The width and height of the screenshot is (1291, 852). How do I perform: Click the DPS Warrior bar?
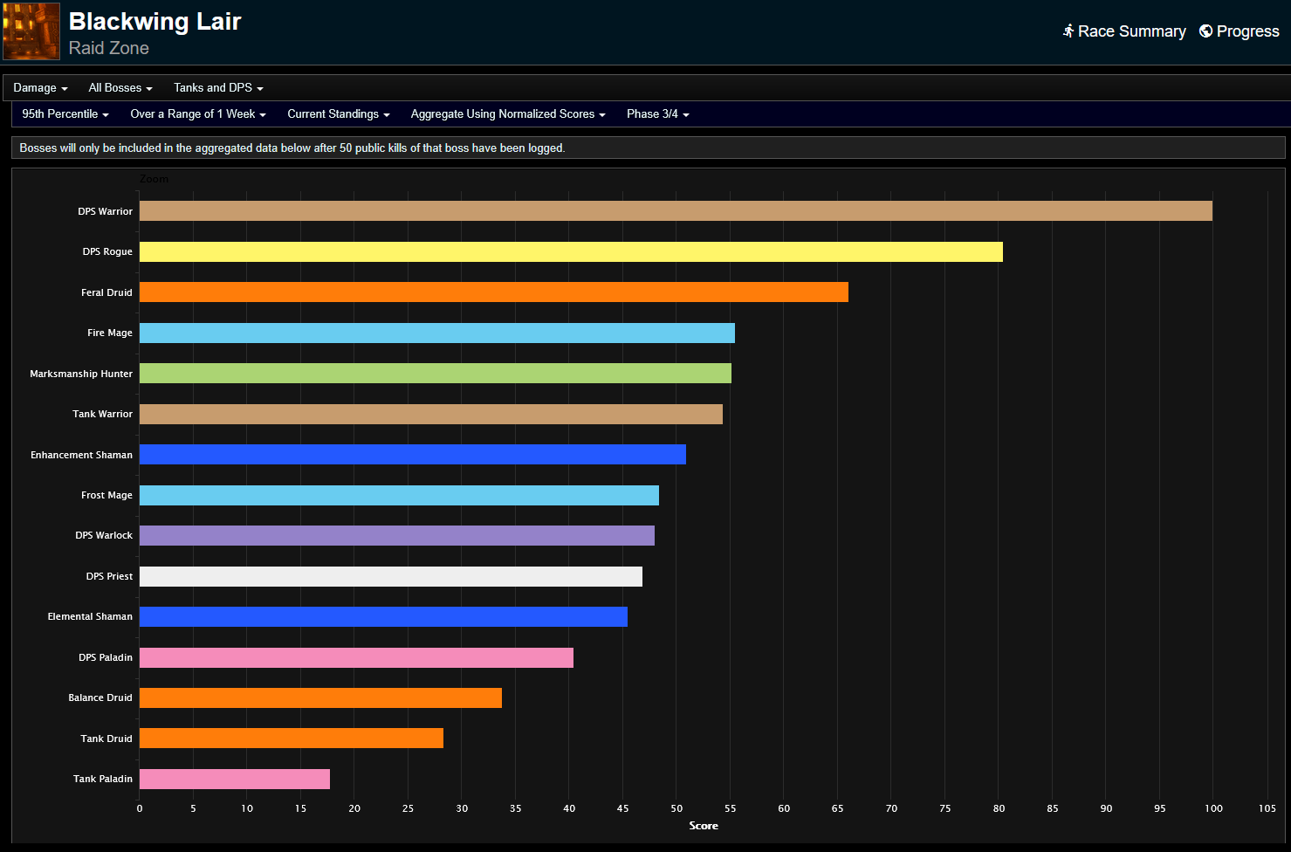point(676,211)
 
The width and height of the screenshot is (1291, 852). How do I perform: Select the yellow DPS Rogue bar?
point(571,252)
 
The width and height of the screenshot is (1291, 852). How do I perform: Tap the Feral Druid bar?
point(494,292)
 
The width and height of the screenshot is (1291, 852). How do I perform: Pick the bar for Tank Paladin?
point(235,779)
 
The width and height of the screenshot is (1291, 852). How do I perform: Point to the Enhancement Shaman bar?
point(413,455)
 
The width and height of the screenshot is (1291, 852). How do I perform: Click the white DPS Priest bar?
point(391,576)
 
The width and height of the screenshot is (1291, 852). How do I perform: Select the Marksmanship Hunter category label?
point(81,374)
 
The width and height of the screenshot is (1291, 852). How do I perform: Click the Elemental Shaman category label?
point(90,616)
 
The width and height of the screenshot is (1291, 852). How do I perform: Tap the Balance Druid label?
point(100,697)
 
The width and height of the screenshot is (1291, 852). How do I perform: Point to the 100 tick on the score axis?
point(1213,808)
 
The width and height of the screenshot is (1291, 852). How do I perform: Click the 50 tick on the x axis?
point(676,808)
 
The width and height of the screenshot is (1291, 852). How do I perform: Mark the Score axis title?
point(704,826)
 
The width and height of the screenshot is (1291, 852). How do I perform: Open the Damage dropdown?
point(40,88)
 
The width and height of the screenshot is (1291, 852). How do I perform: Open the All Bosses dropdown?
point(120,88)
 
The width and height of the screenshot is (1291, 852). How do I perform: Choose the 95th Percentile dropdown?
point(65,114)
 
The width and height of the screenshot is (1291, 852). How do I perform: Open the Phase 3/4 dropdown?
point(657,114)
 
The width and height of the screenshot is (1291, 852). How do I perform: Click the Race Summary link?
point(1124,31)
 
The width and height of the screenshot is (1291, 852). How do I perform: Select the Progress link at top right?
point(1239,31)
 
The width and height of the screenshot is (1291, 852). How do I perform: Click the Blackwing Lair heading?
point(155,22)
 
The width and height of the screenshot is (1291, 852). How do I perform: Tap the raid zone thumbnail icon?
point(31,31)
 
